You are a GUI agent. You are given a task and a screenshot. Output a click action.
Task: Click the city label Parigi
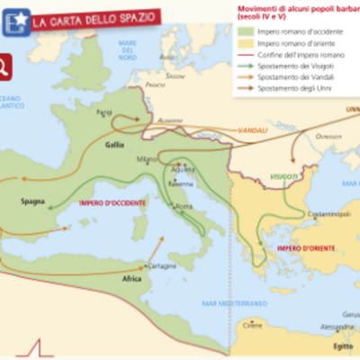coord(104,112)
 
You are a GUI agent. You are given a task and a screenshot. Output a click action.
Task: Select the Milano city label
coord(147,159)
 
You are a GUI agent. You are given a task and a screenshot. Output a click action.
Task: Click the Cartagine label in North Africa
coord(136,265)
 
